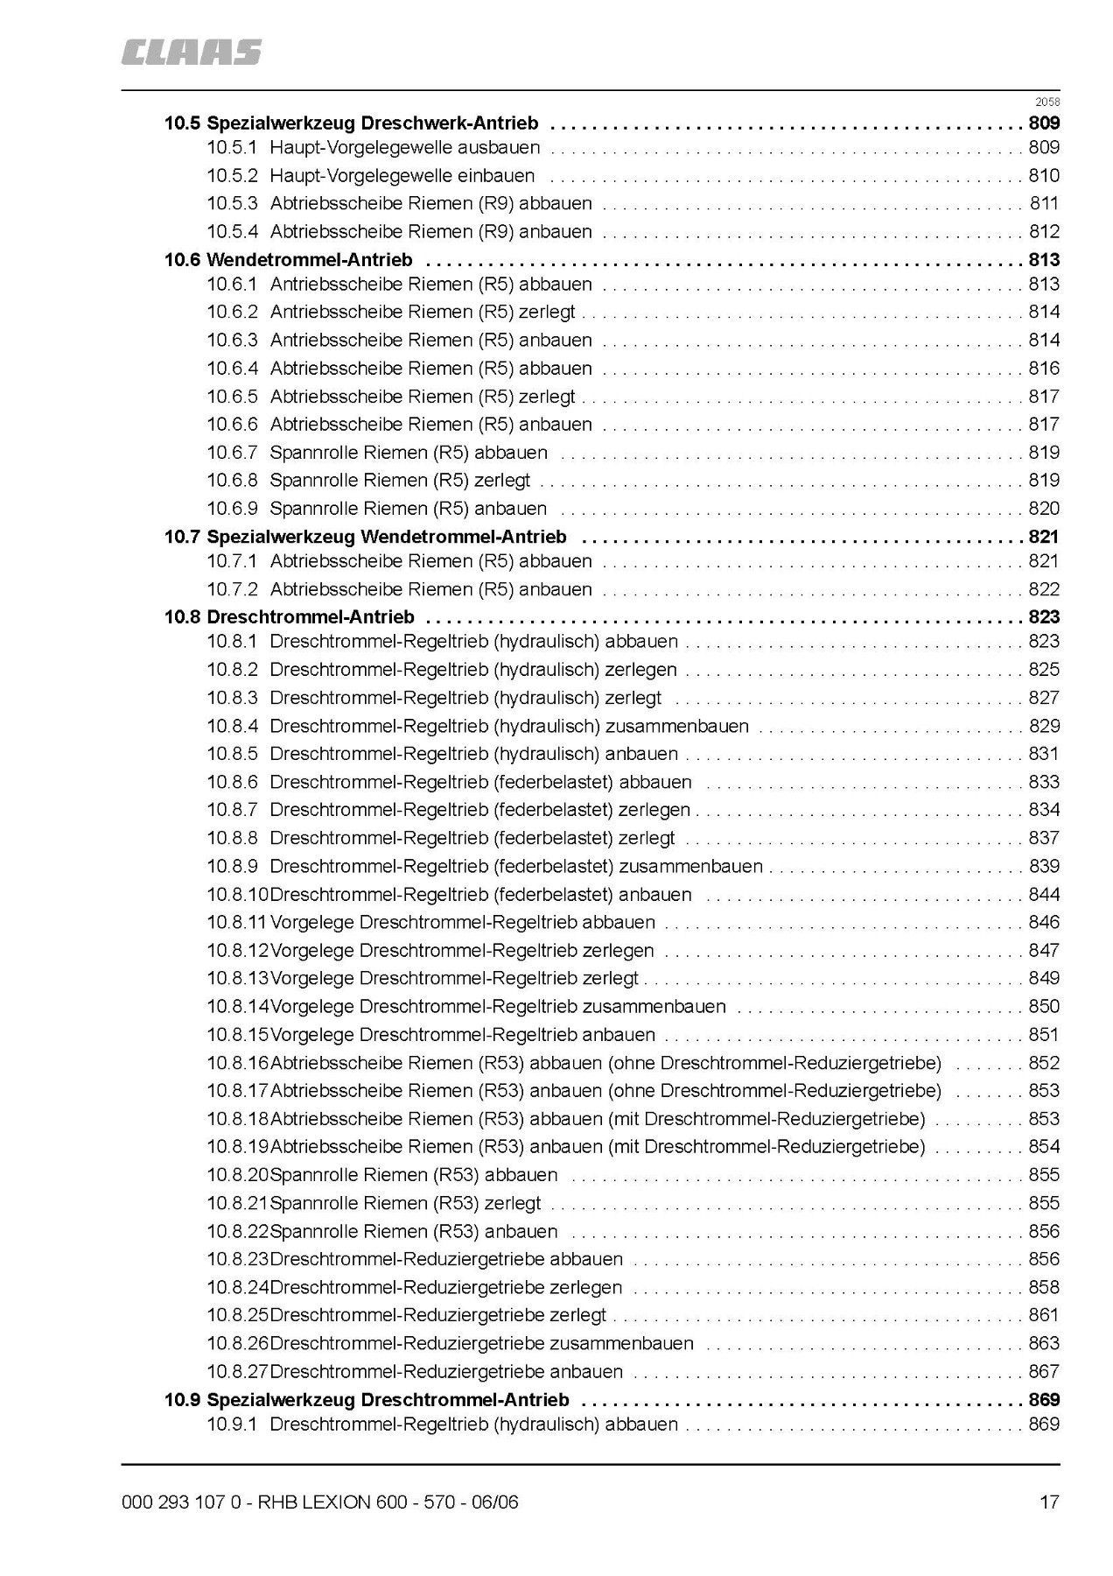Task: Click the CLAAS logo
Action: pyautogui.click(x=192, y=52)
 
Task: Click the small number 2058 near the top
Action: pyautogui.click(x=1047, y=102)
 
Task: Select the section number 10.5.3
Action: pyautogui.click(x=232, y=204)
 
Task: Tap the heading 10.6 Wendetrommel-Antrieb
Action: pyautogui.click(x=288, y=260)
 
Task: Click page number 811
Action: pyautogui.click(x=1044, y=204)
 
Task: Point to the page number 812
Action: pyautogui.click(x=1044, y=232)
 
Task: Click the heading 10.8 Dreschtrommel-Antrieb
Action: pyautogui.click(x=289, y=617)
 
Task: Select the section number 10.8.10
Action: pyautogui.click(x=237, y=895)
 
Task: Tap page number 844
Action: pyautogui.click(x=1044, y=895)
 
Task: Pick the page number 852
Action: pyautogui.click(x=1044, y=1063)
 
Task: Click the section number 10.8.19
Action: pyautogui.click(x=237, y=1147)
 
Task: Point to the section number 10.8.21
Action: pyautogui.click(x=237, y=1203)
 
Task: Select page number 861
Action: pyautogui.click(x=1044, y=1315)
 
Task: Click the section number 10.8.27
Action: pyautogui.click(x=237, y=1372)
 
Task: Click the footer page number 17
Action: pyautogui.click(x=1049, y=1502)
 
